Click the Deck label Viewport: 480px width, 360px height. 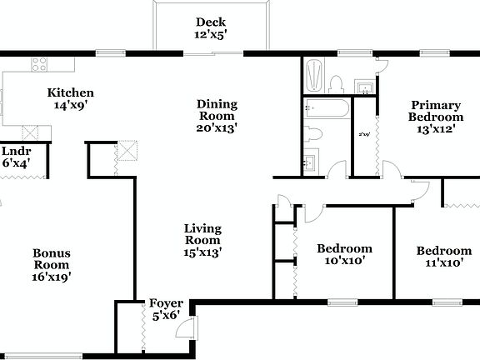coord(211,22)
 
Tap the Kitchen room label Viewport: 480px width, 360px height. coord(70,92)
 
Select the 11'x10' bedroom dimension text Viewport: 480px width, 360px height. coord(443,263)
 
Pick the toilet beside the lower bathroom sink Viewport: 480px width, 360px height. coord(312,134)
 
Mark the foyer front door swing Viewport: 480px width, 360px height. coord(188,327)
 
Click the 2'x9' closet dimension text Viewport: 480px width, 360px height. coord(363,134)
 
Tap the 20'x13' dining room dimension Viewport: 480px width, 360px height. coord(217,128)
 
